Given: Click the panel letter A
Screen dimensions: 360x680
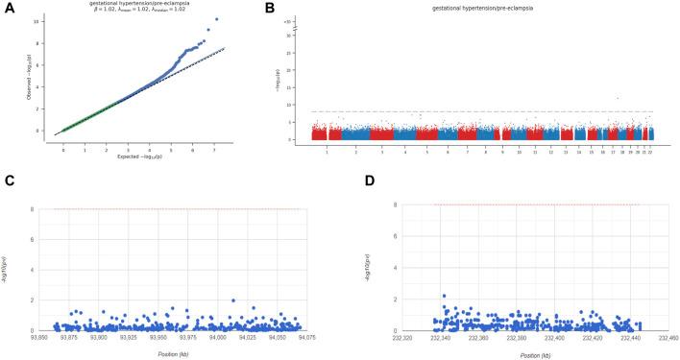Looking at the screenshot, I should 9,9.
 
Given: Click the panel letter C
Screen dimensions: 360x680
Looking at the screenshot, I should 9,180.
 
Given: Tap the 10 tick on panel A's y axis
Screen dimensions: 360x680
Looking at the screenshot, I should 37,20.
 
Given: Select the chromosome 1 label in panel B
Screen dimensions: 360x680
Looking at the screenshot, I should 327,151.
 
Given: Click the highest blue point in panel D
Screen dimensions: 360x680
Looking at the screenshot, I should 444,296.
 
